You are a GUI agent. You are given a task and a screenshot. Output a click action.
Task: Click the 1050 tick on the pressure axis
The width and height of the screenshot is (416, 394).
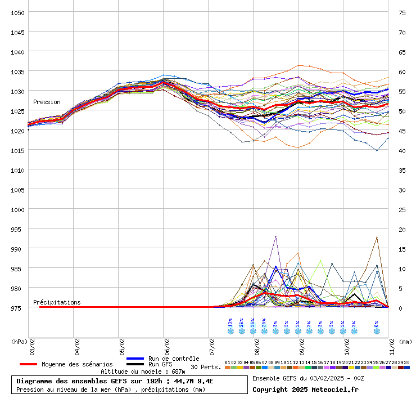[x=17, y=12]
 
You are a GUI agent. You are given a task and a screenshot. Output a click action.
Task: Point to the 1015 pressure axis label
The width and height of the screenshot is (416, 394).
[x=17, y=150]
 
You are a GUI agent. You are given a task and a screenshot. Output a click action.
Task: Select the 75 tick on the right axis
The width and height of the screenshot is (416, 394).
[x=403, y=12]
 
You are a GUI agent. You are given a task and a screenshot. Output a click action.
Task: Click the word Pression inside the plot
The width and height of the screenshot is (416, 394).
[x=47, y=102]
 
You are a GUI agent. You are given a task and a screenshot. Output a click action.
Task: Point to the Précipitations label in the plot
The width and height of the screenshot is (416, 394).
[x=57, y=302]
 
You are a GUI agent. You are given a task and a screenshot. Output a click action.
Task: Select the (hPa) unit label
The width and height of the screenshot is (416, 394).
[x=19, y=341]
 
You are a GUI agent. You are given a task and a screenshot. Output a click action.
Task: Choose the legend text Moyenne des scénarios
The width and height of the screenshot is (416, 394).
[x=77, y=364]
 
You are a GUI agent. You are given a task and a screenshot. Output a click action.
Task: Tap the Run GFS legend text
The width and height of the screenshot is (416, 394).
[x=160, y=364]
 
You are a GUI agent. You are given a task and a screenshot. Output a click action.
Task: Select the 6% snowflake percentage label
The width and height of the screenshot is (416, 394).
[x=376, y=324]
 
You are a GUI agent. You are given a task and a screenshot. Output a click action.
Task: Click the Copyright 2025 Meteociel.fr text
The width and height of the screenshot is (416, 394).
[x=305, y=389]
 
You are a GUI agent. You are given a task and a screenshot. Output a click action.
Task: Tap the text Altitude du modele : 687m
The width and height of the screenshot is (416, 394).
[x=143, y=371]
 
